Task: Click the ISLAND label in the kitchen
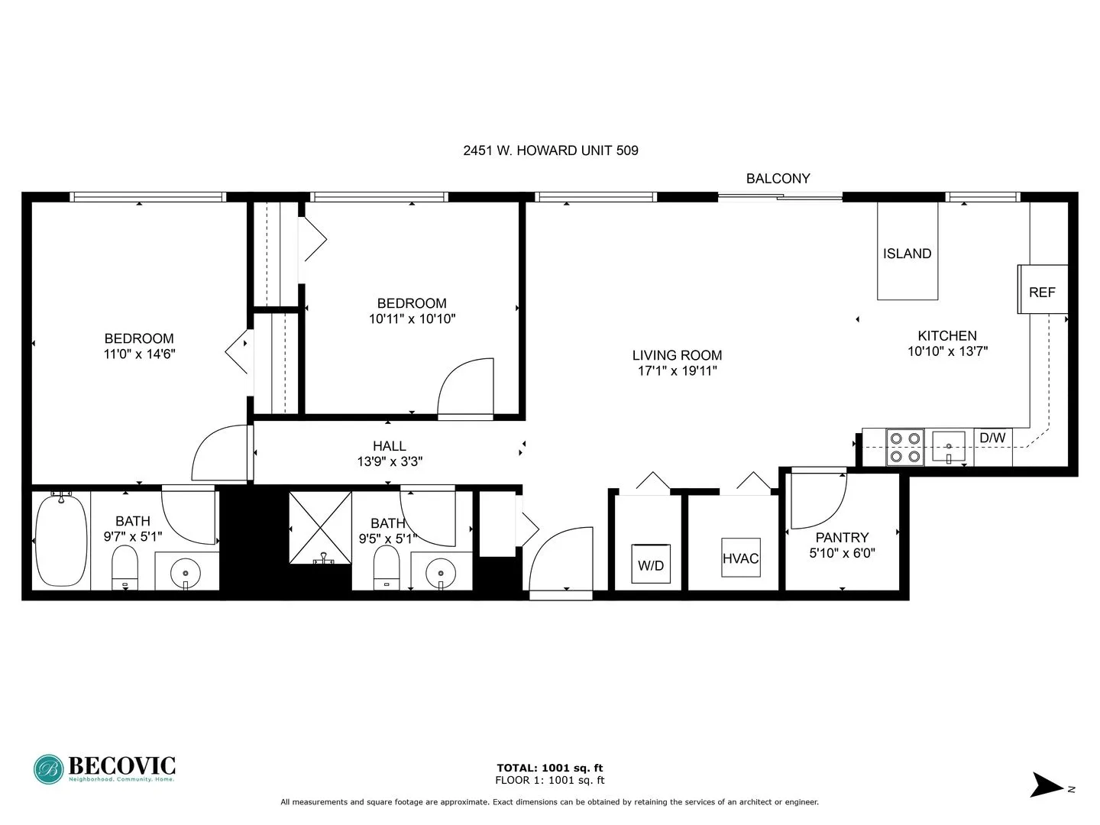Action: point(907,254)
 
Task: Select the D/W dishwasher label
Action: point(992,438)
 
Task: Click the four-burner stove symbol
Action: point(904,448)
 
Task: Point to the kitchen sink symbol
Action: point(949,447)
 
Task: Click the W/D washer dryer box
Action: point(651,565)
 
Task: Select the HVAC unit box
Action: point(740,558)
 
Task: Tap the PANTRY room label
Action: point(842,538)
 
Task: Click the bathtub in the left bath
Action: point(61,541)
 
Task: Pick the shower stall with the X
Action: point(320,528)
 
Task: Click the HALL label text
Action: point(390,446)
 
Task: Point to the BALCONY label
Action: point(778,179)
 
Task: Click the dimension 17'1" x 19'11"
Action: point(678,371)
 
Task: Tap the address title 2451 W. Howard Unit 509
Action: point(550,150)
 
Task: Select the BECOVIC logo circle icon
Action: point(49,769)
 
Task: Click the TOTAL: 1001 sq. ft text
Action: point(549,768)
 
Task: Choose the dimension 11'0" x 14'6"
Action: point(139,354)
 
